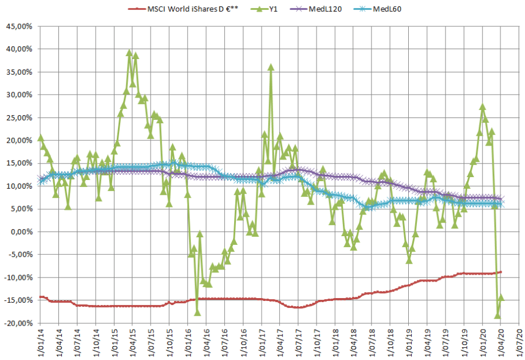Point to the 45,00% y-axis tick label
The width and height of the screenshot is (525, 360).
pos(20,26)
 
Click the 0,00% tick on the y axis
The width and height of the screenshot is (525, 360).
pos(22,232)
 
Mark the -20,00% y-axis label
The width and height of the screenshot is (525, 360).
pos(19,323)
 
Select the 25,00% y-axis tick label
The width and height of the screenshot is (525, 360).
pos(20,117)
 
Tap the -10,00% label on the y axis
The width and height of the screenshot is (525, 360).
pos(19,278)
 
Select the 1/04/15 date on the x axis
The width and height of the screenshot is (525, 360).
pos(128,342)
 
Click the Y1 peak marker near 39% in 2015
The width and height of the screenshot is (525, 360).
pos(130,53)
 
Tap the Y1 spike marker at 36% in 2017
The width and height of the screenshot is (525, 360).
pos(271,67)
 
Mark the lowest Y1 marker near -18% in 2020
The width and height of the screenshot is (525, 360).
pos(498,316)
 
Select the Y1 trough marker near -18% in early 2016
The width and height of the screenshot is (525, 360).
pos(197,312)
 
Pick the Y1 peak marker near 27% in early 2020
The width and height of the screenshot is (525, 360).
pos(482,107)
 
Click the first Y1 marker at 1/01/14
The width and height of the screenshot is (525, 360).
pos(40,138)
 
